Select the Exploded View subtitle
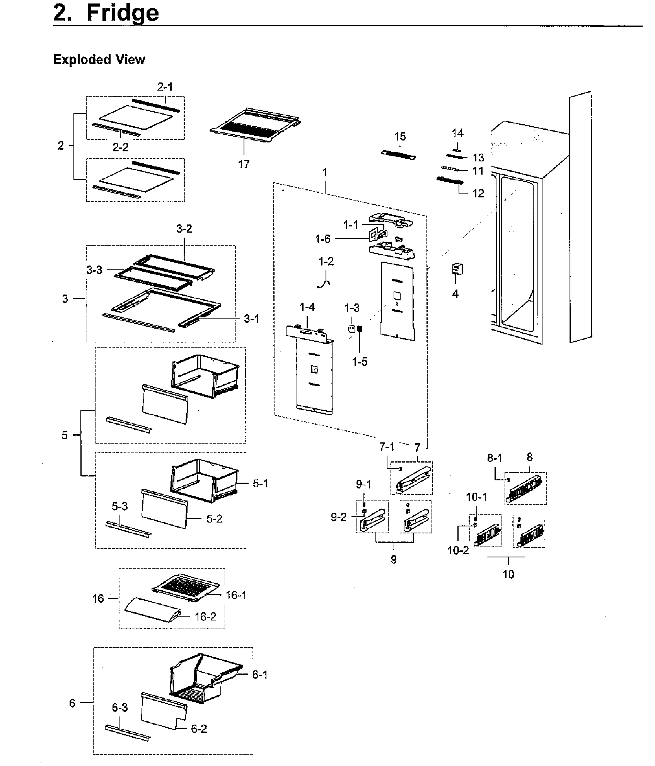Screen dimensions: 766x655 tap(99, 60)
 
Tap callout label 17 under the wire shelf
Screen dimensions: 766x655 tap(244, 164)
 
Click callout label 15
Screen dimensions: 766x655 tap(400, 136)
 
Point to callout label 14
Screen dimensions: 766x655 tap(457, 133)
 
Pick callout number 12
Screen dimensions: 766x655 tap(478, 193)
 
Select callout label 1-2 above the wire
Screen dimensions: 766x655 tap(326, 262)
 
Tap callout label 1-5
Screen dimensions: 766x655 tap(360, 362)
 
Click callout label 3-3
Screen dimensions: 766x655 tap(94, 270)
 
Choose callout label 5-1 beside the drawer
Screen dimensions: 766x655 tap(260, 483)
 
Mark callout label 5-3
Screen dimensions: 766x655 tap(119, 506)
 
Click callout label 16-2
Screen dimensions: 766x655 tap(205, 617)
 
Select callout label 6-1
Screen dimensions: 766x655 tap(259, 675)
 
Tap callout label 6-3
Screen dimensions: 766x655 tap(119, 708)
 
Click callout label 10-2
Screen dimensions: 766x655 tap(458, 550)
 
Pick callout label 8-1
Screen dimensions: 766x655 tap(495, 458)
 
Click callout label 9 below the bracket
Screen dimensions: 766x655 tap(394, 559)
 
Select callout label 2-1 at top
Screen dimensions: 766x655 tap(165, 87)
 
